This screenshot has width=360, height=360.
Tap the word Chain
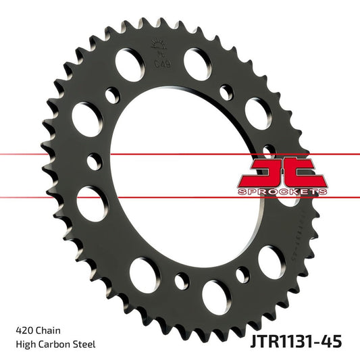click(x=47, y=331)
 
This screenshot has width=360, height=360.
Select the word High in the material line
click(x=25, y=344)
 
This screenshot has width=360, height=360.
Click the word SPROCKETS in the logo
click(x=282, y=192)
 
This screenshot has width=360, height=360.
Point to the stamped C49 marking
click(x=161, y=64)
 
